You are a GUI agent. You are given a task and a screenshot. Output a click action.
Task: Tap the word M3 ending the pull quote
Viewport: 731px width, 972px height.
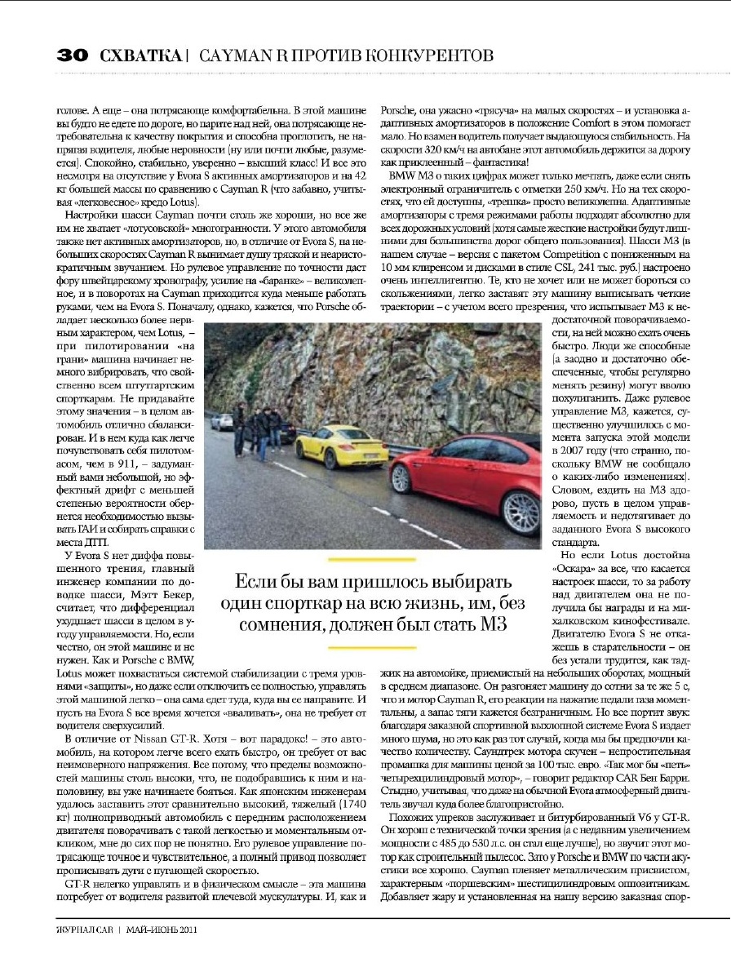pyautogui.click(x=485, y=624)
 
